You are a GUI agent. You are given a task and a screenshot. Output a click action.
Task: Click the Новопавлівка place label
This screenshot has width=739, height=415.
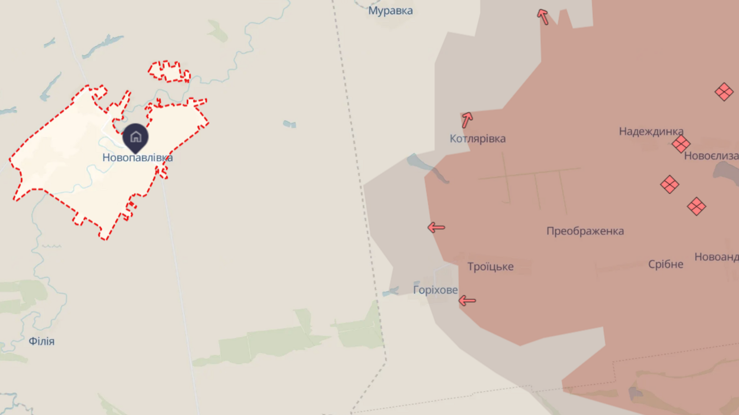pyautogui.click(x=138, y=158)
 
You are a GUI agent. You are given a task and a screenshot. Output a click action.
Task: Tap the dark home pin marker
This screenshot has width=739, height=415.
pyautogui.click(x=136, y=137)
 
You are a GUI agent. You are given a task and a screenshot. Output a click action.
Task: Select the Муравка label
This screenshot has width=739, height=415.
pyautogui.click(x=390, y=11)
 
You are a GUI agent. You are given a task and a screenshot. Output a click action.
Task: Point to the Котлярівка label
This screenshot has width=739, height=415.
pyautogui.click(x=478, y=139)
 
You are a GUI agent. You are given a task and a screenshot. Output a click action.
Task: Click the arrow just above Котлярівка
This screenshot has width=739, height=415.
pyautogui.click(x=467, y=120)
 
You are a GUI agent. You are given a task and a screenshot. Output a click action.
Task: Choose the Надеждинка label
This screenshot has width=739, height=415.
pyautogui.click(x=651, y=131)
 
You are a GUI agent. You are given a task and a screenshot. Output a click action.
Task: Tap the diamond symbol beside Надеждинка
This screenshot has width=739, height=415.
pyautogui.click(x=681, y=144)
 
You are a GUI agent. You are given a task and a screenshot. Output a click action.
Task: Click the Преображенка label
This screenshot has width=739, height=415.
pyautogui.click(x=585, y=231)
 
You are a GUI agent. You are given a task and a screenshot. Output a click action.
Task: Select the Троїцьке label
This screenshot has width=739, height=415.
pyautogui.click(x=490, y=267)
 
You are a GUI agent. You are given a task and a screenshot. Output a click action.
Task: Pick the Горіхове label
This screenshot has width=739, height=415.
pyautogui.click(x=435, y=290)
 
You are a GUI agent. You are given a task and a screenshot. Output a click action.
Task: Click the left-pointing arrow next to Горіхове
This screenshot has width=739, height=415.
pyautogui.click(x=467, y=301)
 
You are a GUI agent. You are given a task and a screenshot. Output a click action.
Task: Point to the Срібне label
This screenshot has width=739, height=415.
pyautogui.click(x=665, y=264)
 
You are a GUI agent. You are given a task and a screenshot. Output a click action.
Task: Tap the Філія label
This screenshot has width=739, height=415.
pyautogui.click(x=42, y=342)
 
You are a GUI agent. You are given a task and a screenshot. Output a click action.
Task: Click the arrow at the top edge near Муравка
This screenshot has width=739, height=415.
pyautogui.click(x=543, y=17)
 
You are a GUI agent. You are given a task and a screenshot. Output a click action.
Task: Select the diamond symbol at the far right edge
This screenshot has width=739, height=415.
pyautogui.click(x=724, y=91)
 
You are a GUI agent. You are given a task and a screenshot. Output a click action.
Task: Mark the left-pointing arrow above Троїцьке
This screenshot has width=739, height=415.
pyautogui.click(x=436, y=228)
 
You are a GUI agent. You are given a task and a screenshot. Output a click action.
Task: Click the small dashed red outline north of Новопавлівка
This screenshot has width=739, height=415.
pyautogui.click(x=169, y=71)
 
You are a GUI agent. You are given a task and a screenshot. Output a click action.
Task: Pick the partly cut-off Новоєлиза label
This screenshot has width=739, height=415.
pyautogui.click(x=711, y=156)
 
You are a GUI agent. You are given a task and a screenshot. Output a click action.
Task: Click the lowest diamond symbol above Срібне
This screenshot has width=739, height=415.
pyautogui.click(x=696, y=206)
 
